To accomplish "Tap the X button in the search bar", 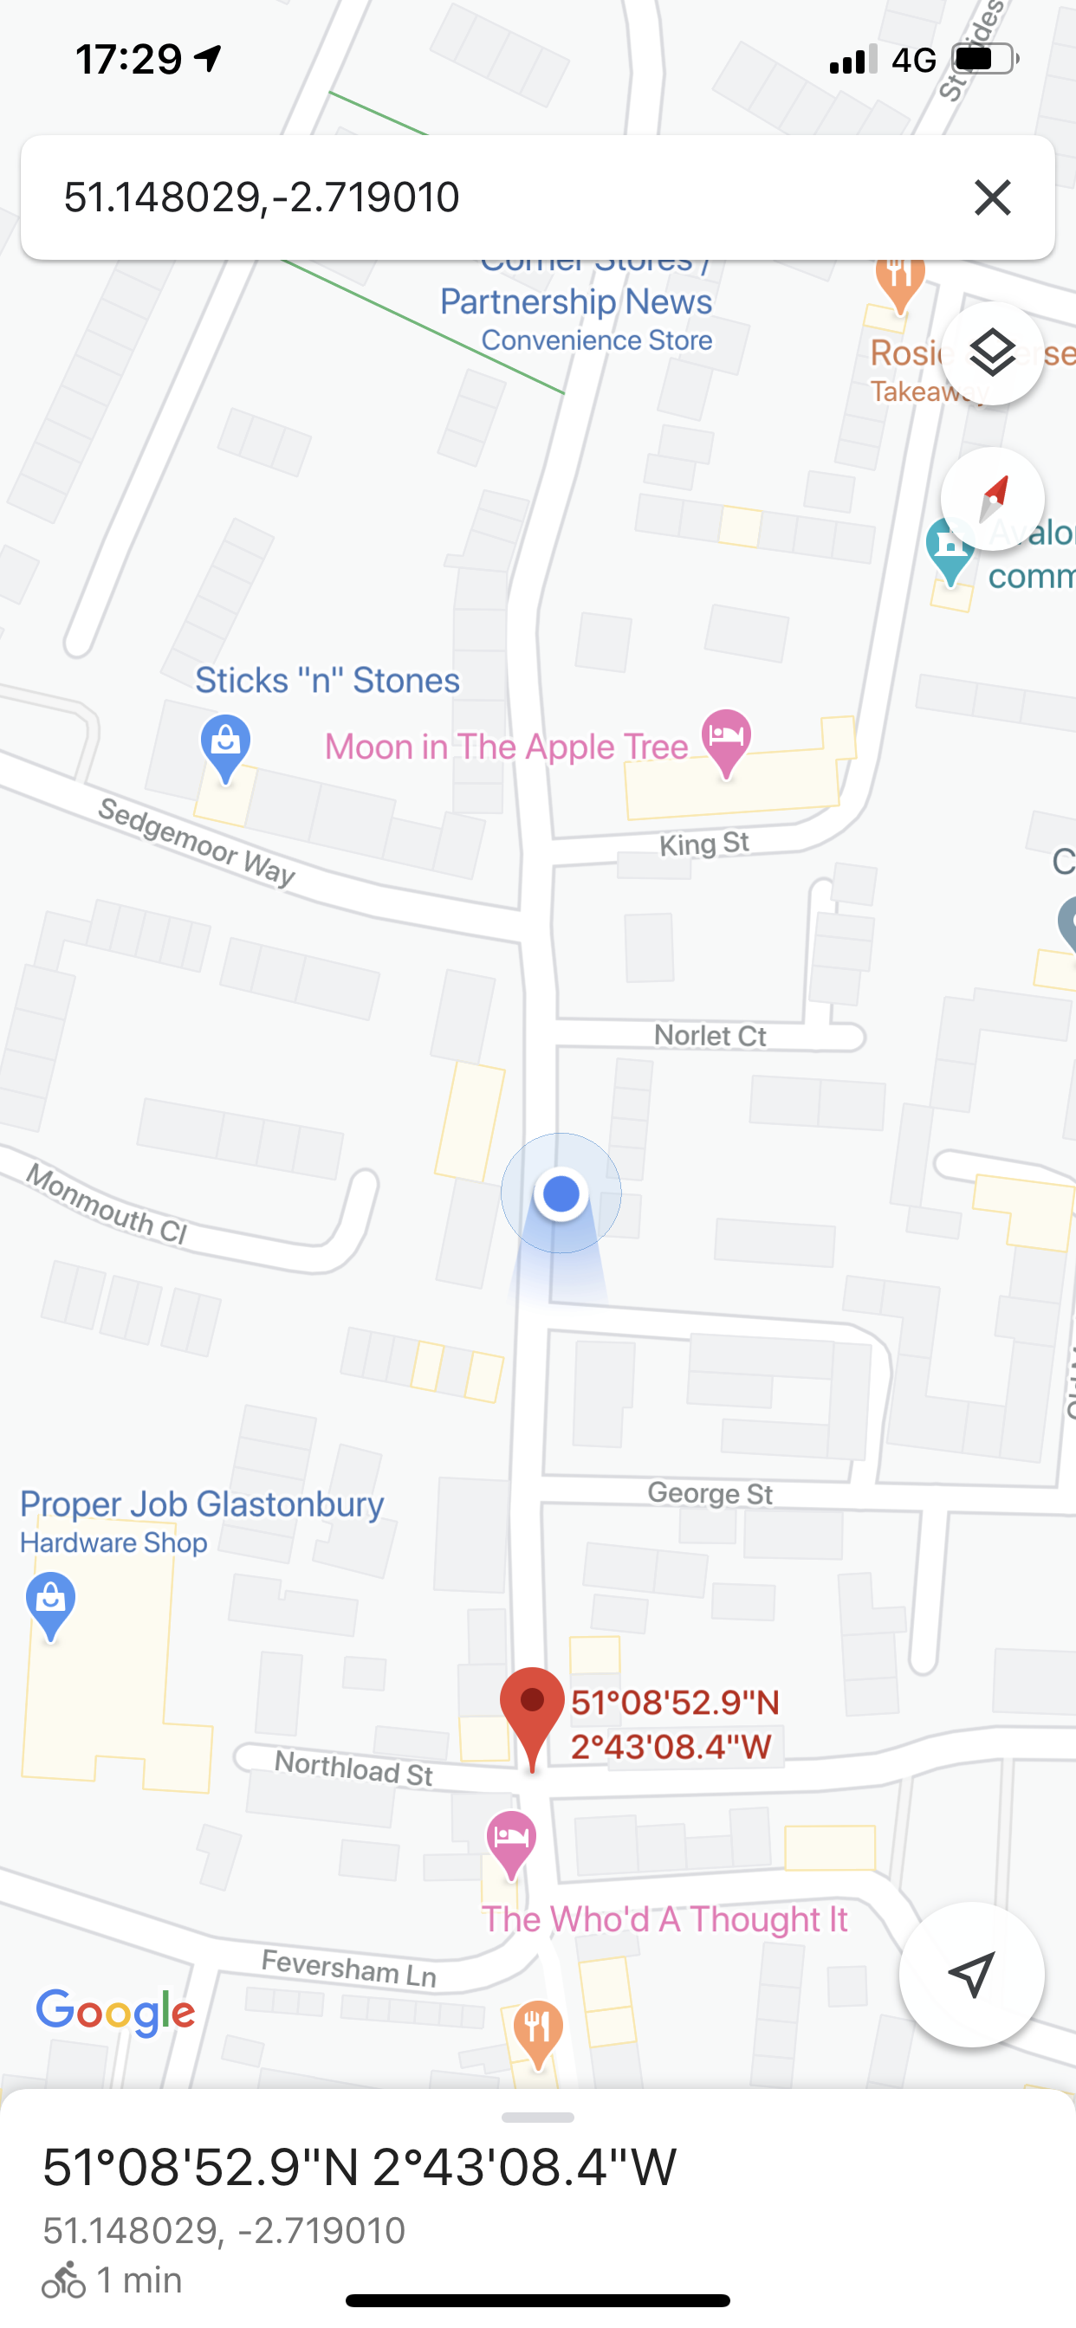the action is point(992,197).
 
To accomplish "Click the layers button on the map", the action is point(992,353).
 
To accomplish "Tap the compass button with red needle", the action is point(992,499).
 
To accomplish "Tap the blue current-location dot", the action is point(561,1193).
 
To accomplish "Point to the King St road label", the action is point(704,844).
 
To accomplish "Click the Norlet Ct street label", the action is point(710,1036).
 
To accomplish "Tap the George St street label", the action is point(710,1493).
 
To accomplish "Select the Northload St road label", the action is point(353,1768).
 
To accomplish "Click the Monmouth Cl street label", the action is point(107,1204).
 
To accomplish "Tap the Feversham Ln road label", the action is point(349,1969).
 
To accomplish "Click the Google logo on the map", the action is point(115,2012).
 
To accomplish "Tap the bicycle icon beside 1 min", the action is point(64,2280).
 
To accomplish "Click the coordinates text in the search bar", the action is point(263,197).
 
